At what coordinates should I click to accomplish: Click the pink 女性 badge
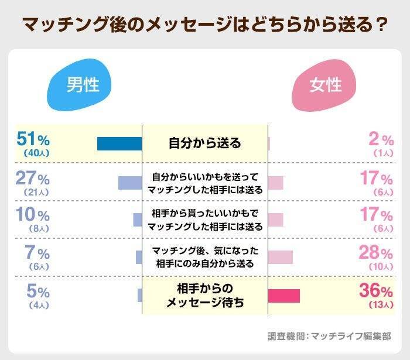326,86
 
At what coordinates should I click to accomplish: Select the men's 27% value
33,178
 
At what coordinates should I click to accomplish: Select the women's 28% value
377,253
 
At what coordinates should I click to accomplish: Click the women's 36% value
376,291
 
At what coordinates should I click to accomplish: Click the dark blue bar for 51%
119,143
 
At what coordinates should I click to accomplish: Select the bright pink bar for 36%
284,296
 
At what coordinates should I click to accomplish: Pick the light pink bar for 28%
281,257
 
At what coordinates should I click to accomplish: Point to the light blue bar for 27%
130,182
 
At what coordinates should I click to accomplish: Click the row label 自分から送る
205,142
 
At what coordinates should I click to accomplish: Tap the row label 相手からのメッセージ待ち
205,296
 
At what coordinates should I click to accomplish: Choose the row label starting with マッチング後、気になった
205,257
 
